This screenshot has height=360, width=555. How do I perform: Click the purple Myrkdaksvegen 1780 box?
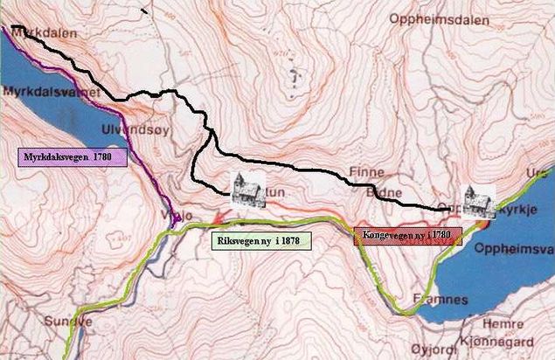(73, 157)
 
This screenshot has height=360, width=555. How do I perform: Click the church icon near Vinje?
(247, 190)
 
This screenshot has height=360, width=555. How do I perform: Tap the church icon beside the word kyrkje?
(480, 202)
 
